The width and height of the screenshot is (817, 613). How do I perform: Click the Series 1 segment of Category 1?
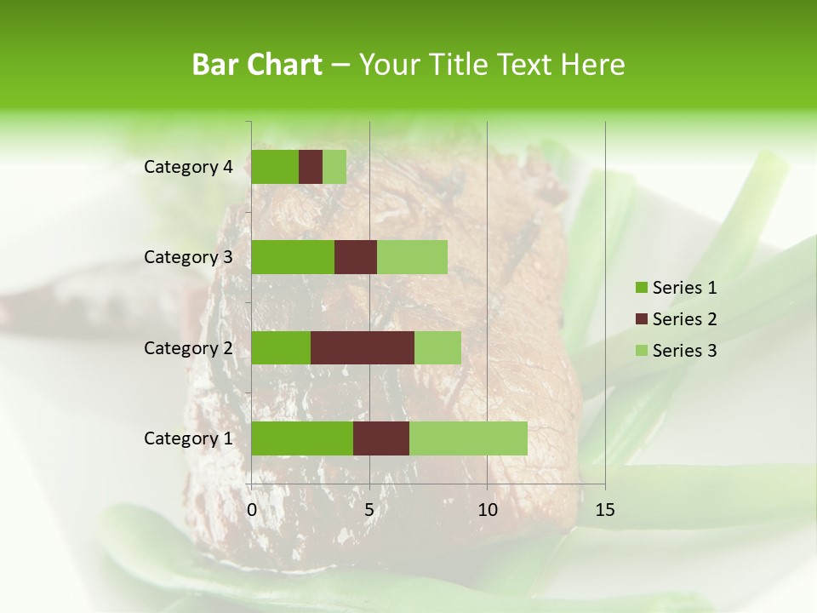pyautogui.click(x=302, y=438)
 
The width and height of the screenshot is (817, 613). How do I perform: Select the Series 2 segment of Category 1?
pyautogui.click(x=381, y=438)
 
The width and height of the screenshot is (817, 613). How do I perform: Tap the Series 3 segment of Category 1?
pyautogui.click(x=468, y=438)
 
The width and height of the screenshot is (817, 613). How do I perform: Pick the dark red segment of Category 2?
pyautogui.click(x=363, y=347)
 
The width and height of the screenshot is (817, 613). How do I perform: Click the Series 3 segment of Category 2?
pyautogui.click(x=437, y=347)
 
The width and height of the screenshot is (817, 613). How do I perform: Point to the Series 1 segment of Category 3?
pyautogui.click(x=293, y=257)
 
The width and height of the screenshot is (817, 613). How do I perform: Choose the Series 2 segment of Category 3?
pyautogui.click(x=356, y=257)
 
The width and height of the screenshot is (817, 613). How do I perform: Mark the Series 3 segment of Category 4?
pyautogui.click(x=334, y=167)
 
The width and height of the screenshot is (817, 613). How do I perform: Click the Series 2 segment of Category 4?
pyautogui.click(x=311, y=167)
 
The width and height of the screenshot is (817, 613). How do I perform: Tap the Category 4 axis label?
pyautogui.click(x=188, y=167)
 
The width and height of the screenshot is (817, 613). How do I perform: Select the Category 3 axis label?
pyautogui.click(x=188, y=257)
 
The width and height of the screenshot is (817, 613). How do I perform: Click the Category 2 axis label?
pyautogui.click(x=188, y=347)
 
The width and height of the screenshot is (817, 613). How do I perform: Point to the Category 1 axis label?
pyautogui.click(x=188, y=438)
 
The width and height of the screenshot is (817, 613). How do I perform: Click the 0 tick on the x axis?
pyautogui.click(x=252, y=510)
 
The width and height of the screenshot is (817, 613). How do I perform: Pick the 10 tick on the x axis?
pyautogui.click(x=487, y=510)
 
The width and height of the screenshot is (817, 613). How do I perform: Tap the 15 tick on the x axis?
pyautogui.click(x=604, y=510)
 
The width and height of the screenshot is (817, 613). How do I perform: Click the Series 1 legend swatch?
pyautogui.click(x=642, y=288)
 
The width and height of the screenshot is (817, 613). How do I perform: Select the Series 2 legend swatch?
pyautogui.click(x=642, y=319)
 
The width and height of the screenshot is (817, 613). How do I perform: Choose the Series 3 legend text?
pyautogui.click(x=684, y=351)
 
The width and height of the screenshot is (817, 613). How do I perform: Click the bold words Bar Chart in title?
pyautogui.click(x=257, y=65)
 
